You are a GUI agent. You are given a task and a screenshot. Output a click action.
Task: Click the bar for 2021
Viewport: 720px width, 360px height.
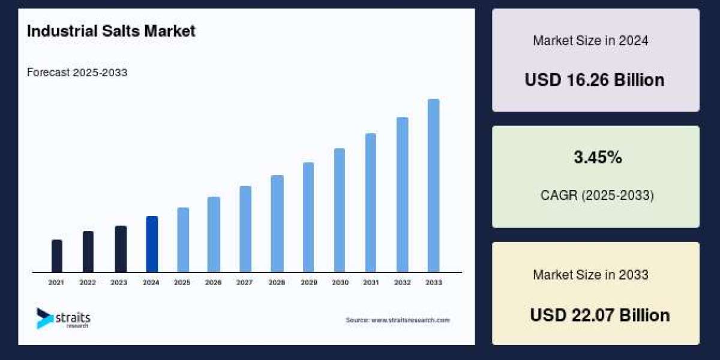click(x=57, y=256)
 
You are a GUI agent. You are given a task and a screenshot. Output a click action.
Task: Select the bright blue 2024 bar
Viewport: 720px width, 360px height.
click(x=152, y=244)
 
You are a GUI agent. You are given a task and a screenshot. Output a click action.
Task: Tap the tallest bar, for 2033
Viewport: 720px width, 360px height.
click(x=433, y=185)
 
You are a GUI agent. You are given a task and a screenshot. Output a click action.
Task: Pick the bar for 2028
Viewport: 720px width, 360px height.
click(x=277, y=224)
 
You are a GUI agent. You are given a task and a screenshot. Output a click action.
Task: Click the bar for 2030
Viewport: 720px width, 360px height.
click(x=340, y=210)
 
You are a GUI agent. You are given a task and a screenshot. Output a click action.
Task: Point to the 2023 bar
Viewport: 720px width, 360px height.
click(x=121, y=249)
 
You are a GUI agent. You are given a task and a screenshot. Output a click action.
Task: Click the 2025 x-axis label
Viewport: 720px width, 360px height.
click(x=182, y=282)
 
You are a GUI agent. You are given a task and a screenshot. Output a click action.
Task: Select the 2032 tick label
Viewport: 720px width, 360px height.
click(x=403, y=282)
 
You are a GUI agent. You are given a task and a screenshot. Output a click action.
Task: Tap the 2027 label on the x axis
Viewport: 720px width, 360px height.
click(x=244, y=282)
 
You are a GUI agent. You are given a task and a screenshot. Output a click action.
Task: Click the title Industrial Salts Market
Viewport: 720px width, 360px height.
click(x=111, y=31)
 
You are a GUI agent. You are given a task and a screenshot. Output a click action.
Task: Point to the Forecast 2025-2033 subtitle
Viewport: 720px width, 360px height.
click(x=77, y=73)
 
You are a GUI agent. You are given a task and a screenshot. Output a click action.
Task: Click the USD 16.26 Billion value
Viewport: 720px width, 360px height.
click(x=595, y=80)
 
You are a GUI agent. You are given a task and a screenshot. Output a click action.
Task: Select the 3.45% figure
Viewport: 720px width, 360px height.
click(x=598, y=158)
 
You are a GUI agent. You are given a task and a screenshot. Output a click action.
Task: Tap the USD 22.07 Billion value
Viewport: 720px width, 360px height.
click(x=599, y=315)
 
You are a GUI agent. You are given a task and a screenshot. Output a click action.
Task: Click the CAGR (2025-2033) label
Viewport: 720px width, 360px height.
click(x=596, y=196)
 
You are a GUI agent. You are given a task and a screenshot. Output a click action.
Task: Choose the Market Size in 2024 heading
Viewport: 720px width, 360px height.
click(x=590, y=41)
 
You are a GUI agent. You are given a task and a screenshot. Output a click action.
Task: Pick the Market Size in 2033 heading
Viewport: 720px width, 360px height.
click(x=590, y=275)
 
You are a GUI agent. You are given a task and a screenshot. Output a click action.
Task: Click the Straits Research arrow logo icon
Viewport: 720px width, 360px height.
click(x=44, y=318)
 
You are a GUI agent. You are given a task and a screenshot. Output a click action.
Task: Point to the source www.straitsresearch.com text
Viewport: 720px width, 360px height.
click(x=397, y=320)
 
